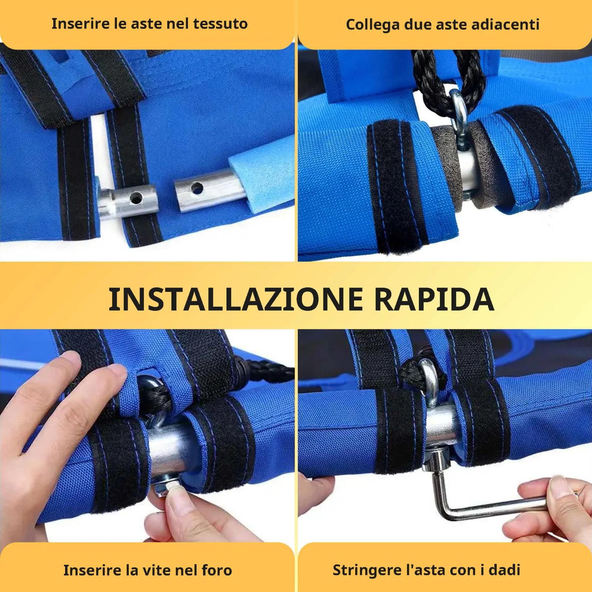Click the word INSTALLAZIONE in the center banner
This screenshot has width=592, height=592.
coord(236,299)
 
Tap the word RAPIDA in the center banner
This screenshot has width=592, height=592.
coord(434,299)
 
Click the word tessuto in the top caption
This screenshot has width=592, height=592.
coord(221,24)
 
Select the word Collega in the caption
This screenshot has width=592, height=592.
coord(373,25)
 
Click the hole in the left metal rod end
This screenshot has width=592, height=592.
coord(136,199)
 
